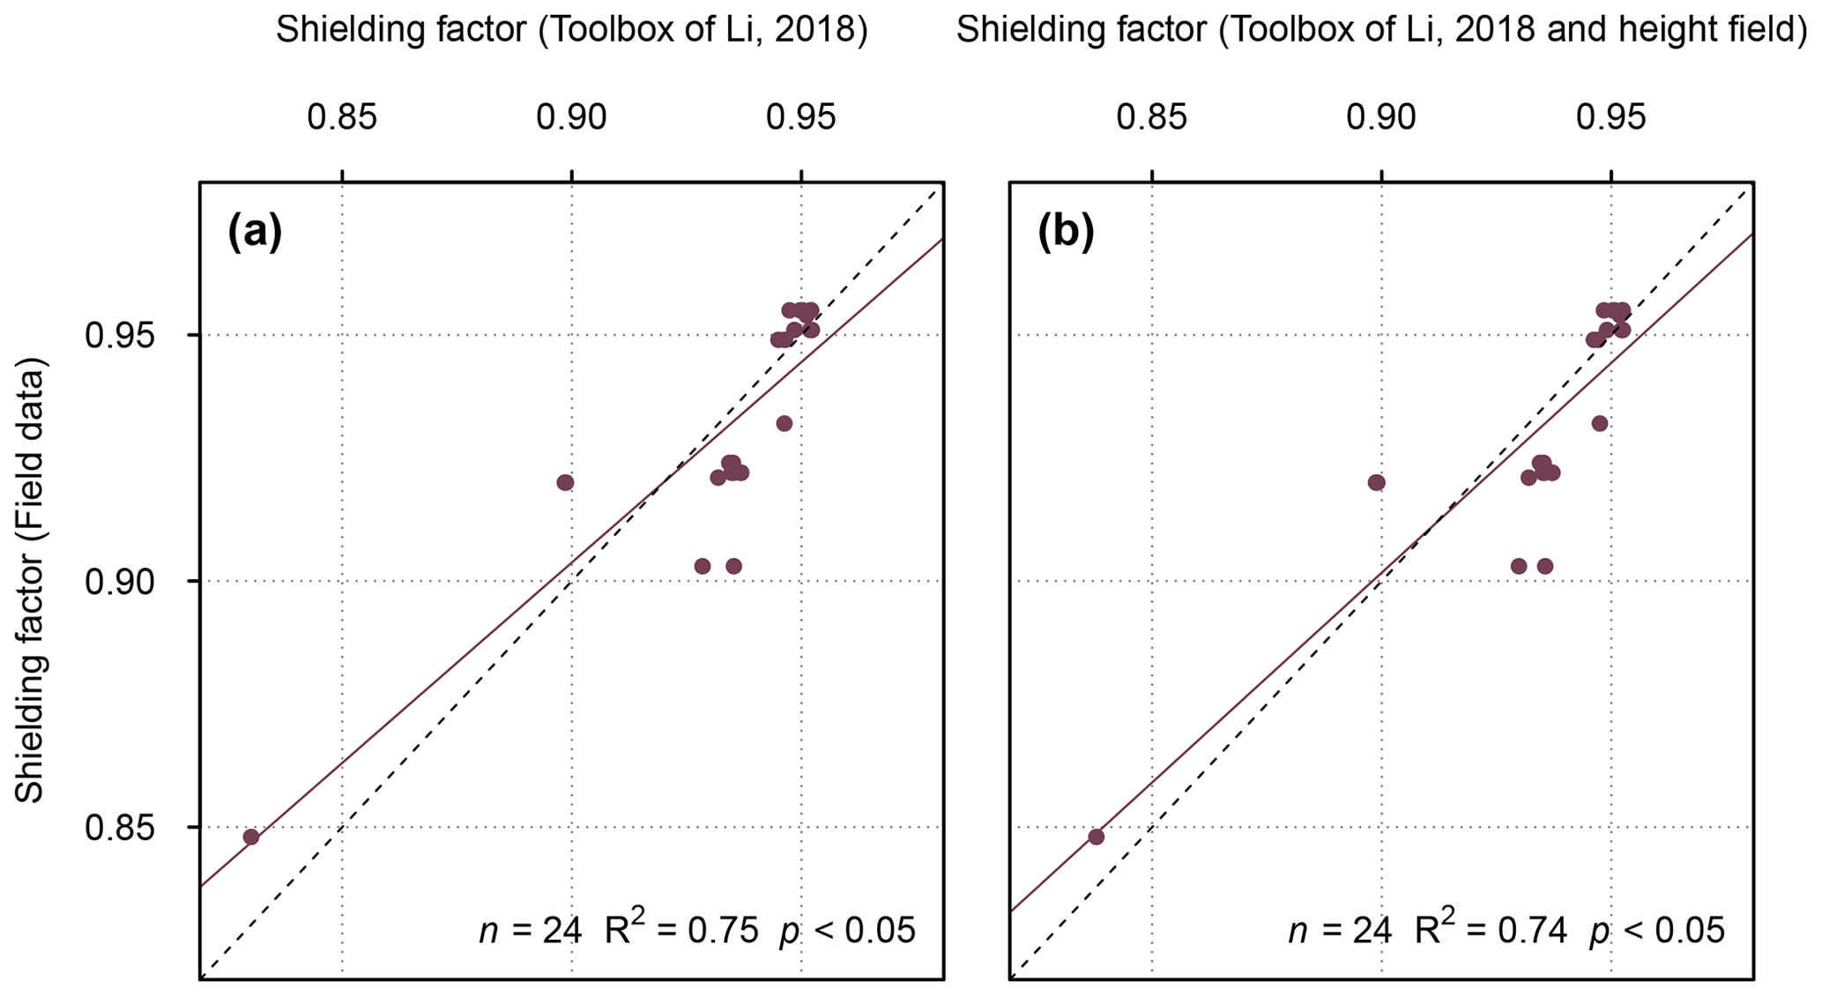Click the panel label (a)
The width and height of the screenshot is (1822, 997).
coord(255,233)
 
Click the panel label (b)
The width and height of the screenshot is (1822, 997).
coord(1066,233)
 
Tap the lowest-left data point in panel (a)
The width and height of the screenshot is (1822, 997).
coord(251,837)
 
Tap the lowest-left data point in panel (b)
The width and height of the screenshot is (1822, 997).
coord(1097,837)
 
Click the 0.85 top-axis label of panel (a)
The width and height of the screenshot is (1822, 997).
coord(342,117)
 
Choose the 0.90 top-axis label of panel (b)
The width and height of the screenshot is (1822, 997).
coord(1381,117)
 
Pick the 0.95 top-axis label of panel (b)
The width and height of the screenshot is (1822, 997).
coord(1610,117)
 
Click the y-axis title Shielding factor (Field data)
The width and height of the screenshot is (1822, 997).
coord(31,580)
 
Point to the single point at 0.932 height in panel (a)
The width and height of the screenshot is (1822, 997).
coord(784,424)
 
